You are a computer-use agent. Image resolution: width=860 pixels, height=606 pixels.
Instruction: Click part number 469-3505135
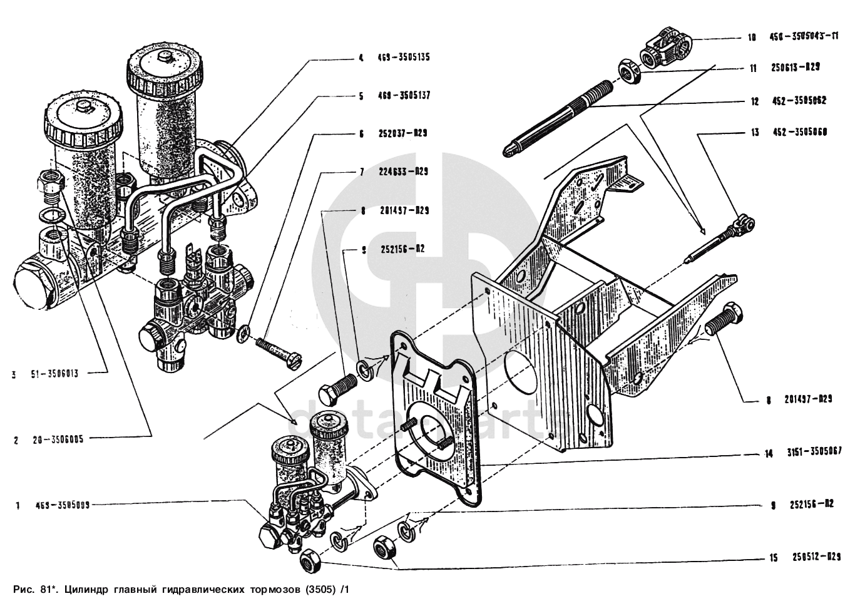403,58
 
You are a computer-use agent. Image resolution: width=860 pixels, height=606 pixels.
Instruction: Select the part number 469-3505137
403,96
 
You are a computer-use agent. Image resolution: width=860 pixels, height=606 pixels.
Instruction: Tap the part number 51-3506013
54,374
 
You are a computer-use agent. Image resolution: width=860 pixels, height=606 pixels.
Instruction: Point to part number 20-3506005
58,439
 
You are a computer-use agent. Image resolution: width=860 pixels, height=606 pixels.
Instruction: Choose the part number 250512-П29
816,557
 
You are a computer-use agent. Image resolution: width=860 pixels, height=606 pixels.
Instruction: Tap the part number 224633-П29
403,172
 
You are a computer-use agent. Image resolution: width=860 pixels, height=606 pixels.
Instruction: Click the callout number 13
755,132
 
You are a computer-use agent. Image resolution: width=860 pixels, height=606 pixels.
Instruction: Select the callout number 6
361,133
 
